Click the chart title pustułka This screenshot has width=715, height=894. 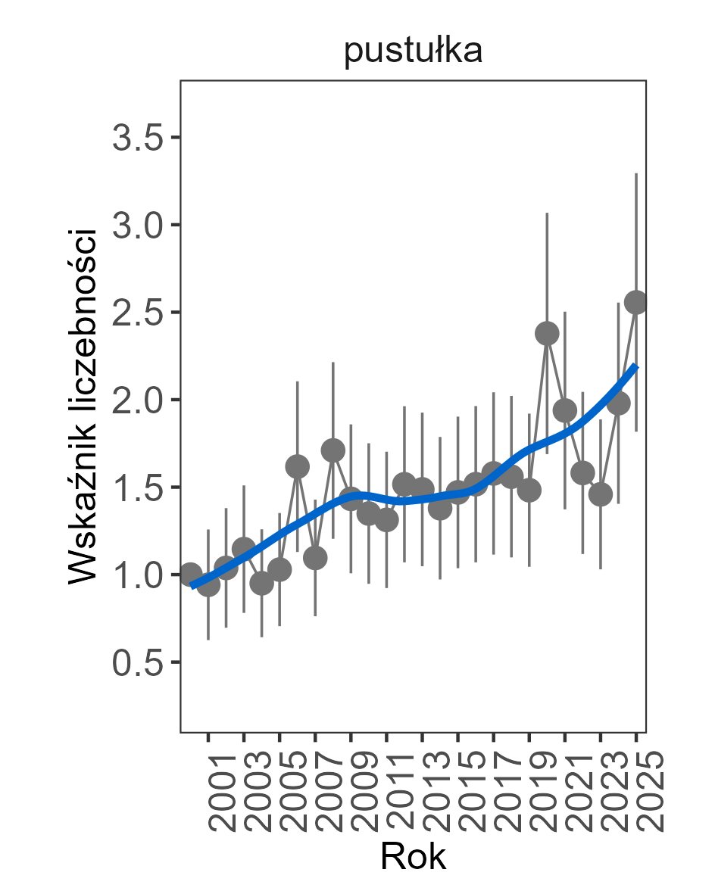coord(413,53)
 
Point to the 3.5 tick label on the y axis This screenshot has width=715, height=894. coord(136,139)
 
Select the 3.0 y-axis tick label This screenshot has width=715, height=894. coord(136,226)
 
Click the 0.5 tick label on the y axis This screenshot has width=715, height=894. coord(136,663)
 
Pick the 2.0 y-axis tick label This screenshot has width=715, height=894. coord(136,400)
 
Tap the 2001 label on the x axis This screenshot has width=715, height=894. coord(218,792)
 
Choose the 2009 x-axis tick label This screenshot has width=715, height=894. coord(361,792)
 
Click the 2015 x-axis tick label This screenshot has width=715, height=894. coord(468,792)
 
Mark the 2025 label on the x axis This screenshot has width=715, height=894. coord(646,792)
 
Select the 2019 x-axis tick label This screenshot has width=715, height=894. coord(539,792)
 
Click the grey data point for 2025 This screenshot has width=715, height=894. coord(636,302)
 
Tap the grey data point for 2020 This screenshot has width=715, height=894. coord(547,333)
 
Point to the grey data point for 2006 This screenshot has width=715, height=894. coord(298,466)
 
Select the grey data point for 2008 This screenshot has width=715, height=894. coord(333,450)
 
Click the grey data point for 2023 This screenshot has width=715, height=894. coord(601,494)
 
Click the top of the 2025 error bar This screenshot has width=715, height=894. coord(636,173)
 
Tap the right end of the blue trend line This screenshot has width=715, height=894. coord(636,366)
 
